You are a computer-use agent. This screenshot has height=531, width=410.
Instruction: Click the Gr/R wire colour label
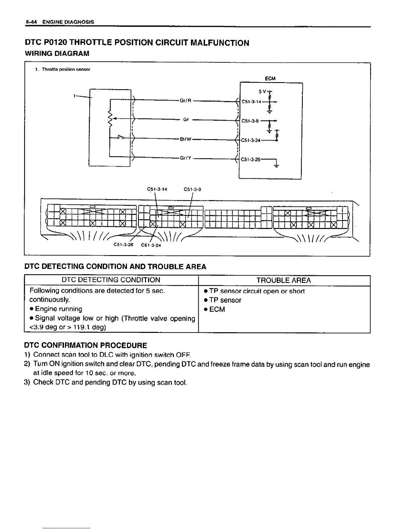(185, 100)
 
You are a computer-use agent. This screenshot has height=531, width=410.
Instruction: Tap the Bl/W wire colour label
(185, 139)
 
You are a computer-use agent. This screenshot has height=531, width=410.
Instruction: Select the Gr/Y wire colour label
(185, 158)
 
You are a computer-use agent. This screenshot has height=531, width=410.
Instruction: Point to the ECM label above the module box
(270, 78)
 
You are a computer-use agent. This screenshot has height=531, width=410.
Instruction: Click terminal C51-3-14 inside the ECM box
(251, 102)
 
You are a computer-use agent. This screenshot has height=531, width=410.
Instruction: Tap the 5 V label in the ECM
(262, 91)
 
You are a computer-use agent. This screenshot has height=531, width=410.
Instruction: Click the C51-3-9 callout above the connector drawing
(193, 189)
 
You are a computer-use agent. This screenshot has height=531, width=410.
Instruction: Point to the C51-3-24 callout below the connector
(151, 245)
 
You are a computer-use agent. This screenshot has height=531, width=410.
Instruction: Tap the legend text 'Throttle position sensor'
(66, 70)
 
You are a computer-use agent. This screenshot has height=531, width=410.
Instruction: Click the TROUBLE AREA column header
(284, 280)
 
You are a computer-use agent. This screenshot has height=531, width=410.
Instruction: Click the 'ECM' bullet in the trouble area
(217, 309)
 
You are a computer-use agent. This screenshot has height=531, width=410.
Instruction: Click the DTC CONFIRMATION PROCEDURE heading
(86, 345)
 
